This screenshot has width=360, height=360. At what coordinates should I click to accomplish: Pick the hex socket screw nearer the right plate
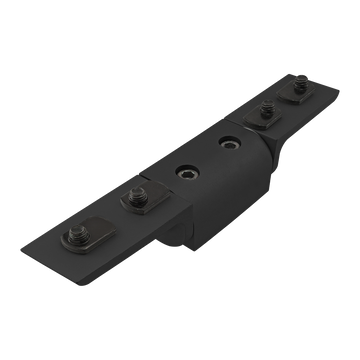click(x=231, y=140)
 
